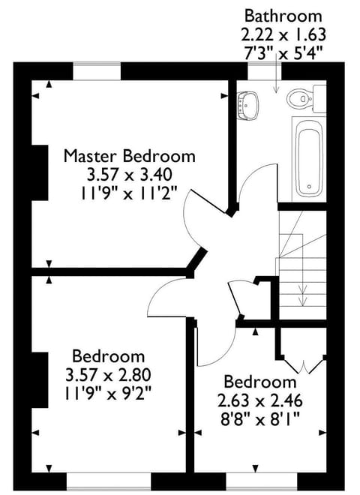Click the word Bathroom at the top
pos(283,16)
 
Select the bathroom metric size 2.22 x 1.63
pos(283,34)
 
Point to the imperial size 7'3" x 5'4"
pos(283,53)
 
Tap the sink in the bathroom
pos(247,104)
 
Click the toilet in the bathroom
pos(302,96)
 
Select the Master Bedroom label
pos(129,156)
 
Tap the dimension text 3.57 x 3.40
pos(129,174)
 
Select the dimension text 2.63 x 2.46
pos(255,398)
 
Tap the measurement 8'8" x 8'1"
pos(255,416)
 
